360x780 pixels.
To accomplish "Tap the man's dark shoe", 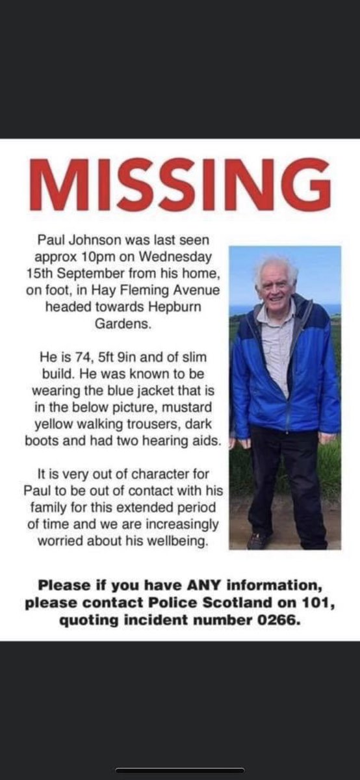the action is pyautogui.click(x=258, y=541).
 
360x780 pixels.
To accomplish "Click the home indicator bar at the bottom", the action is pyautogui.click(x=180, y=770).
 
